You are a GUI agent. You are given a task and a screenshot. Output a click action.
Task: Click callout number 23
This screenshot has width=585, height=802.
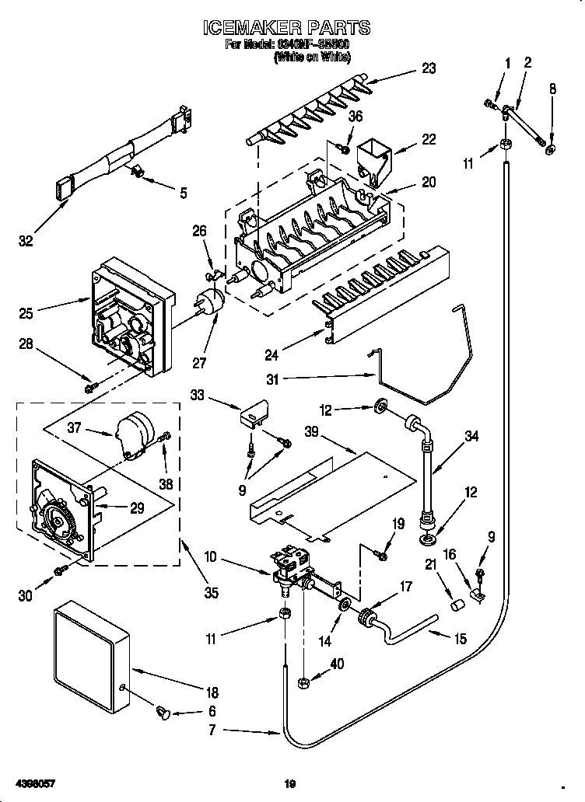tap(429, 68)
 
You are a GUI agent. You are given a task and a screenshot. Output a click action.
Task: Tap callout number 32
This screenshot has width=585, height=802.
tap(26, 242)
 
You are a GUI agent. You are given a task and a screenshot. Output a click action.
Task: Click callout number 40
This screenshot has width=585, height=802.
tap(336, 664)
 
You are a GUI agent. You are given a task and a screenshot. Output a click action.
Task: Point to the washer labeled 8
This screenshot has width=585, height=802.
tap(551, 148)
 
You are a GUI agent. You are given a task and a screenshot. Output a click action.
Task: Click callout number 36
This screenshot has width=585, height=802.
tap(356, 117)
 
